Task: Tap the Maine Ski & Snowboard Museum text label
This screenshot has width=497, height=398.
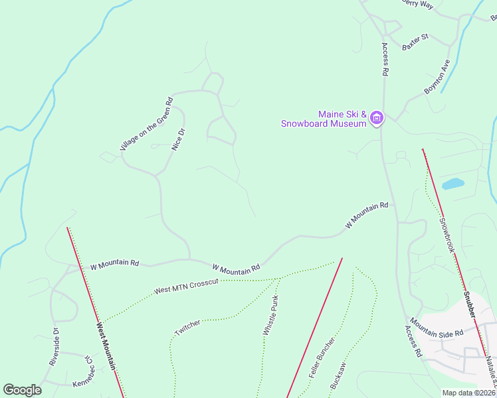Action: [x=324, y=119]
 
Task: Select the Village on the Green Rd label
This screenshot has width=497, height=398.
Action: [x=146, y=125]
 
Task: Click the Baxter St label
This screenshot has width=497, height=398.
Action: [x=415, y=42]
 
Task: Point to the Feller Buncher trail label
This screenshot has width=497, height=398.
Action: [x=322, y=357]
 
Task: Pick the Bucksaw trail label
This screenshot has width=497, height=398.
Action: [x=338, y=375]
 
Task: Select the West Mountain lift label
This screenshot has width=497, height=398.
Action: [x=106, y=346]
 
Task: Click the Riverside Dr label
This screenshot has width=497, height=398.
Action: [x=54, y=347]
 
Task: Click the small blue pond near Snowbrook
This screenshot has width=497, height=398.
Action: [x=452, y=183]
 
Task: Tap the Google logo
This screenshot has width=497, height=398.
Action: [x=22, y=390]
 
